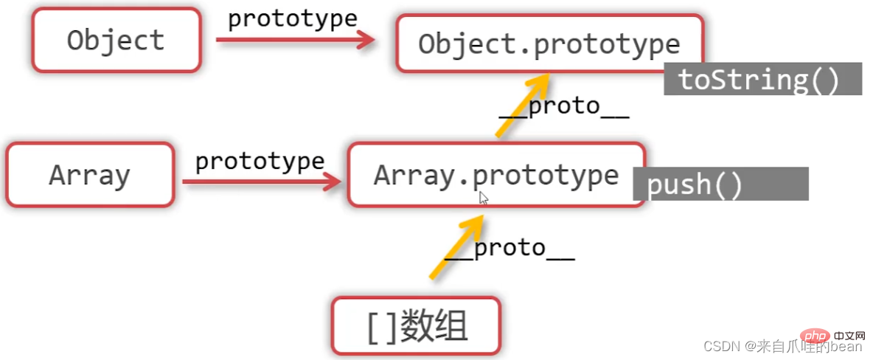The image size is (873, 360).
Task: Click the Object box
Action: pos(116,40)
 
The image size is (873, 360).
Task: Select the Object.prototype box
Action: pos(549,44)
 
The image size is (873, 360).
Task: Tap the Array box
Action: pos(90,175)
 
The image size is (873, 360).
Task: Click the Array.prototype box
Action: pos(495,175)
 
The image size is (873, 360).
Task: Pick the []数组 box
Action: pos(417,325)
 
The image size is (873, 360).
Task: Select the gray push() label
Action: pos(720,184)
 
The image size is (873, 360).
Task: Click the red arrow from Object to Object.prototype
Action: pos(295,41)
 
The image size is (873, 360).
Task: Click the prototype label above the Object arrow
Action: pos(292,18)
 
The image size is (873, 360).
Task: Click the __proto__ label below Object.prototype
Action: pos(564,107)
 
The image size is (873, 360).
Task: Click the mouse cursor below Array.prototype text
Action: pos(484,198)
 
